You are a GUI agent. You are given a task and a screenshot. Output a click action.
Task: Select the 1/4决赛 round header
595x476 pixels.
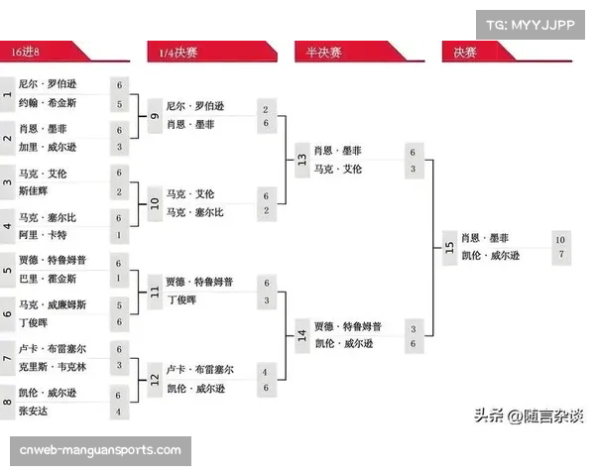point(178,52)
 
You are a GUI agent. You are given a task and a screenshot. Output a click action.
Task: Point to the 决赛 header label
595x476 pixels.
point(466,52)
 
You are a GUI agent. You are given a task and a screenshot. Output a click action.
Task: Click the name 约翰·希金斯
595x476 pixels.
point(48,103)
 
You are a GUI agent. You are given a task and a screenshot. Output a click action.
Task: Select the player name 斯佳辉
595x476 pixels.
point(34,190)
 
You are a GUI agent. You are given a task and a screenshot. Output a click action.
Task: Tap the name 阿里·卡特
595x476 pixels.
point(43,235)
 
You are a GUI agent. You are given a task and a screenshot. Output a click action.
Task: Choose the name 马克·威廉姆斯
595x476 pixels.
point(53,304)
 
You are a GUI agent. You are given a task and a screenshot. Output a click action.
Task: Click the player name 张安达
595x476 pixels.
point(34,411)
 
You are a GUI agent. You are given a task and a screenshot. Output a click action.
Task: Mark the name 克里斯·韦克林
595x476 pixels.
point(53,366)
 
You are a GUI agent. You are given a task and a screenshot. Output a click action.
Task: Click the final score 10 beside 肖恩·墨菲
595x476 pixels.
point(560,239)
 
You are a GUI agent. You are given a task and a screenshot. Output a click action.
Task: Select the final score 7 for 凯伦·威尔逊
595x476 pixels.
point(560,256)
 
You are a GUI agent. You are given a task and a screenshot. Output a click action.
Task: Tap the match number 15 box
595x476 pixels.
point(449,248)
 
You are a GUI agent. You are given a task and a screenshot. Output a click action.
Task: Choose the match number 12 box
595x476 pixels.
point(155,379)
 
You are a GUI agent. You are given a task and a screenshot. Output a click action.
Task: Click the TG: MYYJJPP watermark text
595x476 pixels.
point(531,24)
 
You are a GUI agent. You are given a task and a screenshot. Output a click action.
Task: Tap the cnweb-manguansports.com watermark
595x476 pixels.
point(100,451)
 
